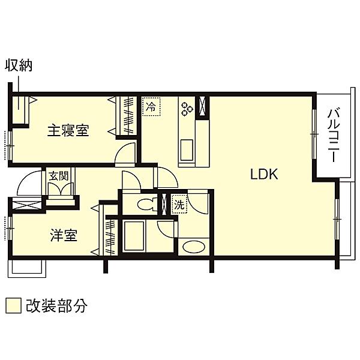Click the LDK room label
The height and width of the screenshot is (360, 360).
pyautogui.click(x=264, y=174)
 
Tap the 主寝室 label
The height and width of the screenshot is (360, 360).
pyautogui.click(x=68, y=130)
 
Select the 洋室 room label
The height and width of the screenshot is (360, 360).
pyautogui.click(x=64, y=235)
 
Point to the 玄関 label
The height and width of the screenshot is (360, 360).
pyautogui.click(x=59, y=176)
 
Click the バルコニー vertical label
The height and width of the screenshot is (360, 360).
pyautogui.click(x=334, y=135)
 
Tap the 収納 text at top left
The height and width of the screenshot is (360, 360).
pyautogui.click(x=19, y=65)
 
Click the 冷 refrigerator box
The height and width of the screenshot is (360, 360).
pyautogui.click(x=151, y=107)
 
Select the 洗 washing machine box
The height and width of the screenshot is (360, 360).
pyautogui.click(x=179, y=205)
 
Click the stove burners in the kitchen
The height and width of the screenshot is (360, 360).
pyautogui.click(x=187, y=109)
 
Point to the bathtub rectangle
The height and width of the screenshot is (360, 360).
pyautogui.click(x=134, y=235)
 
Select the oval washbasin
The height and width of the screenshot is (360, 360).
pyautogui.click(x=194, y=247)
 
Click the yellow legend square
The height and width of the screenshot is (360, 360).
pyautogui.click(x=14, y=305)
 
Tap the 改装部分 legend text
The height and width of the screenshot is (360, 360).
pyautogui.click(x=56, y=305)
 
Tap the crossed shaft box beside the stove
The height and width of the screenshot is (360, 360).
pyautogui.click(x=202, y=106)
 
